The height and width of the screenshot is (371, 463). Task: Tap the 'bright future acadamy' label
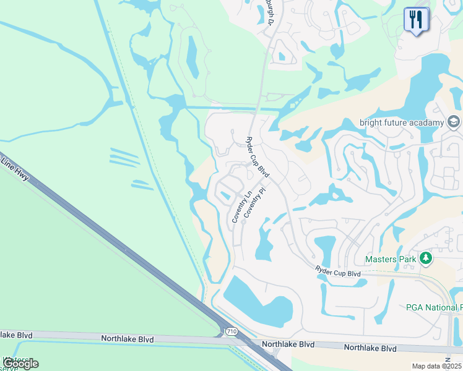coord(402,122)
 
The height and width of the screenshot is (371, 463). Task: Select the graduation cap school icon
coord(454,121)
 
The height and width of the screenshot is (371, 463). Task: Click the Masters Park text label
coord(391,259)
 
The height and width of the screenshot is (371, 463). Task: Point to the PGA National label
coord(434,307)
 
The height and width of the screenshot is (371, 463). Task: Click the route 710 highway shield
coord(230,331)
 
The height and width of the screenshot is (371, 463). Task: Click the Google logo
coord(20,364)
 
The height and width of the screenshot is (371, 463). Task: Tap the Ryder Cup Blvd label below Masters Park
coord(337,272)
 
